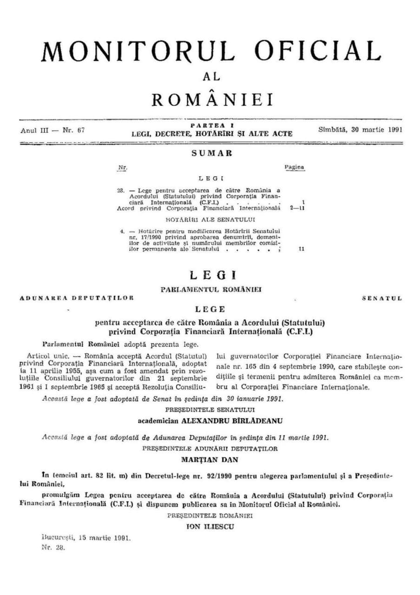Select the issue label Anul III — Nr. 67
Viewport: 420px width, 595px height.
tap(52, 131)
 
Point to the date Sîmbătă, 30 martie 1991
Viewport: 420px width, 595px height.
tap(361, 130)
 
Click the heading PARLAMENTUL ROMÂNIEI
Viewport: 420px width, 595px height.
tap(211, 289)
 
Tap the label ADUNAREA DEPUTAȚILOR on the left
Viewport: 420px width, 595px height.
tap(77, 298)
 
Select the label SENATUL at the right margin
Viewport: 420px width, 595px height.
tap(382, 298)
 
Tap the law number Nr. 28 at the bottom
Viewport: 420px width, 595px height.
tap(53, 547)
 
